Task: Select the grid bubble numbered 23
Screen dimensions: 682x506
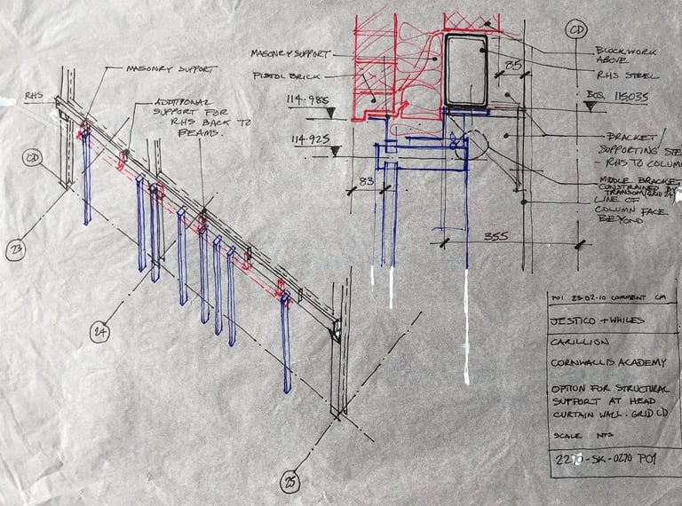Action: [x=15, y=251]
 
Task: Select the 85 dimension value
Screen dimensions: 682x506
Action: [x=513, y=65]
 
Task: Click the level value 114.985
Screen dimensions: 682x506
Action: [x=304, y=99]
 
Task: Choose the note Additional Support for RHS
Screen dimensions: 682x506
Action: [x=186, y=115]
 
